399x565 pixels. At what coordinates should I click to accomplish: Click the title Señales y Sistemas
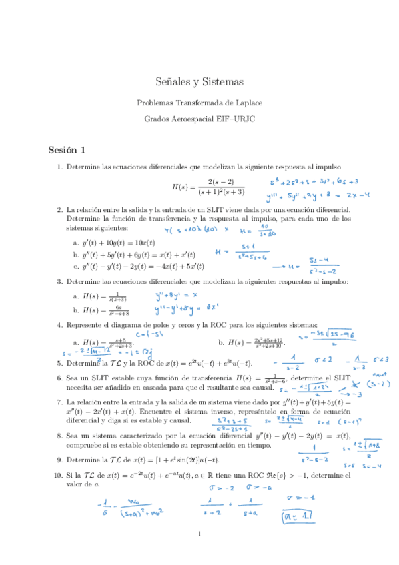pyautogui.click(x=199, y=82)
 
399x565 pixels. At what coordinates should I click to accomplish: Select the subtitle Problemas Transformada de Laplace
pyautogui.click(x=199, y=103)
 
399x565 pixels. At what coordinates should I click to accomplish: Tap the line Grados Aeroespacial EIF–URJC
pyautogui.click(x=199, y=120)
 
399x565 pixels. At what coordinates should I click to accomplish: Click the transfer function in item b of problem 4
pyautogui.click(x=255, y=342)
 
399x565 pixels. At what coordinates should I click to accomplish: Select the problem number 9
pyautogui.click(x=60, y=460)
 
